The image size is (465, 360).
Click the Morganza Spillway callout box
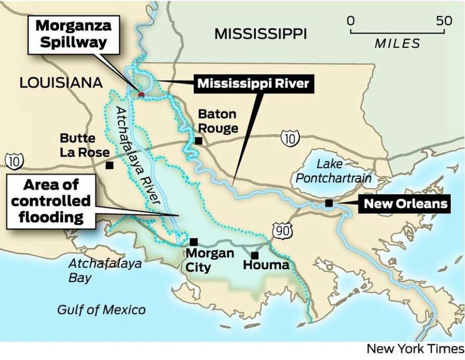(x=74, y=34)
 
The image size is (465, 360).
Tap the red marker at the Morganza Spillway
(x=142, y=94)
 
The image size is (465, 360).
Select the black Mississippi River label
(x=253, y=83)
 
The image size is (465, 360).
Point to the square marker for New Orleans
(x=329, y=203)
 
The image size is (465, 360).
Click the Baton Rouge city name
(x=218, y=121)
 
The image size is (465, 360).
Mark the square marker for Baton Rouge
(x=199, y=141)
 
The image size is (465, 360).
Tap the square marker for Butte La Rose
(x=109, y=165)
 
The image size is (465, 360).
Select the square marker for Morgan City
(x=194, y=242)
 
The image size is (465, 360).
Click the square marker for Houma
(x=255, y=255)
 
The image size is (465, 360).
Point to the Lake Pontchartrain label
(x=333, y=171)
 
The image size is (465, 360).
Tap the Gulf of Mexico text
(x=101, y=309)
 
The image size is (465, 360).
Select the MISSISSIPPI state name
(x=260, y=34)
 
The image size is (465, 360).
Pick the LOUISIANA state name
(x=61, y=83)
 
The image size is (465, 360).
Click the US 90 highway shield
(x=282, y=231)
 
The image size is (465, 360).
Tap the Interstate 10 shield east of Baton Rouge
(x=290, y=138)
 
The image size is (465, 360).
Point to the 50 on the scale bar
(x=444, y=21)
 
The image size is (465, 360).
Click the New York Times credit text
(x=414, y=349)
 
